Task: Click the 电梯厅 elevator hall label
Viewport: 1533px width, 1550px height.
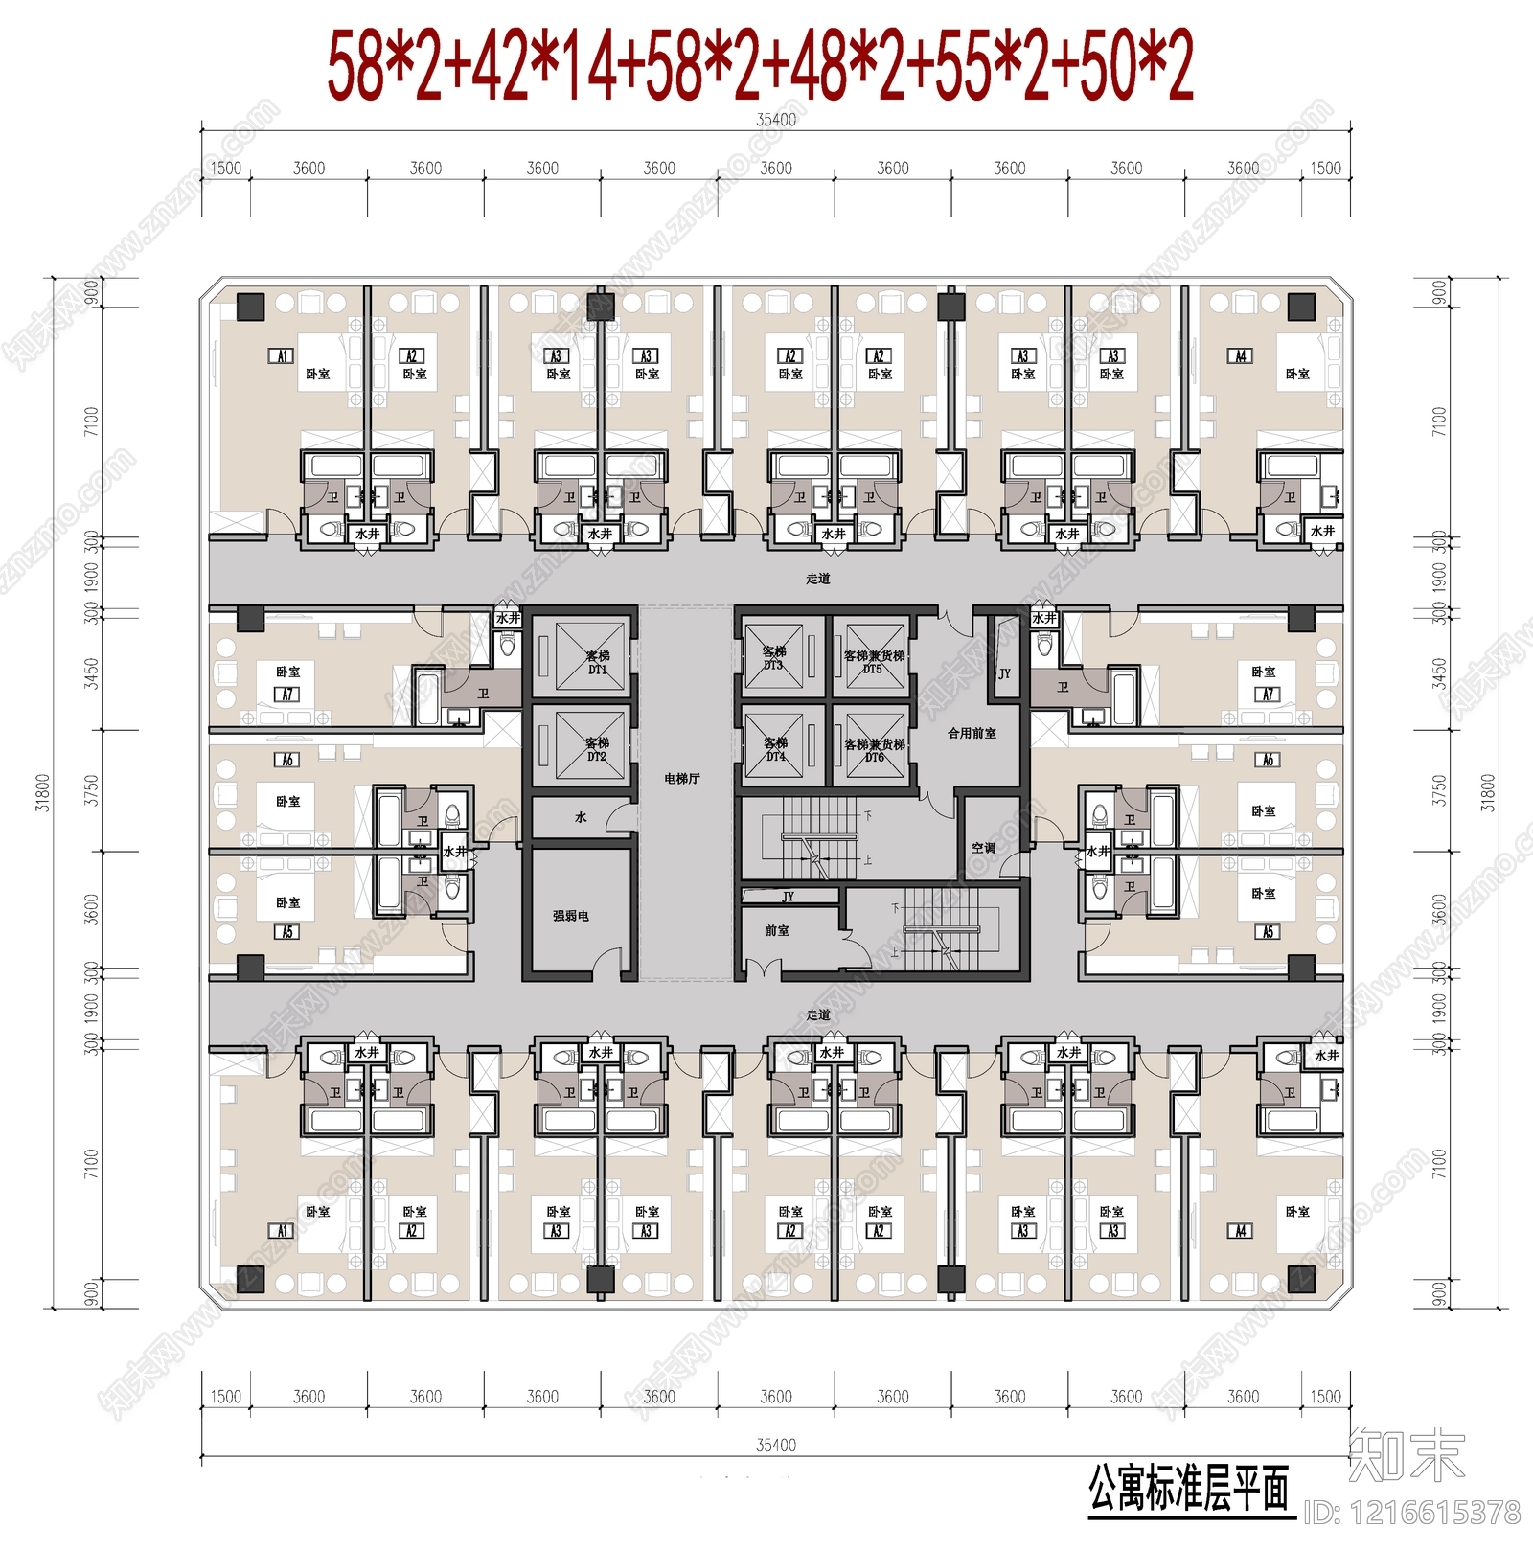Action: (x=681, y=779)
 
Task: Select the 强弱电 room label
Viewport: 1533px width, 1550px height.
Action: (x=570, y=916)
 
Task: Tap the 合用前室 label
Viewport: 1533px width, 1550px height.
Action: (x=972, y=733)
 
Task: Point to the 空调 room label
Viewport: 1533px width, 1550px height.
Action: (x=983, y=848)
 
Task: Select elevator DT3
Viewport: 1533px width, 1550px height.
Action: (x=775, y=657)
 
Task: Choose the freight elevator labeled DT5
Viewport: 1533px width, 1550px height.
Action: (x=873, y=660)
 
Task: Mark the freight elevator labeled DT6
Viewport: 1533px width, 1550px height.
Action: (x=873, y=749)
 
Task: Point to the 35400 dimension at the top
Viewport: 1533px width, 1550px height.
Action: (x=776, y=120)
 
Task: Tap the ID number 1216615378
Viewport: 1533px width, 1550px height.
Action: (x=1412, y=1513)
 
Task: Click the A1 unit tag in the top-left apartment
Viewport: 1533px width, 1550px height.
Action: (x=282, y=356)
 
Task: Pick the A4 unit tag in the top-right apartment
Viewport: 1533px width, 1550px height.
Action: (x=1240, y=356)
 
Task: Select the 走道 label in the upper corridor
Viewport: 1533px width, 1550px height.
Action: (x=817, y=579)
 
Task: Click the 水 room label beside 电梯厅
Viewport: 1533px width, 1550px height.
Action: (x=581, y=817)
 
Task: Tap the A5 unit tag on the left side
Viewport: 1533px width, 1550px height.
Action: (x=287, y=931)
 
